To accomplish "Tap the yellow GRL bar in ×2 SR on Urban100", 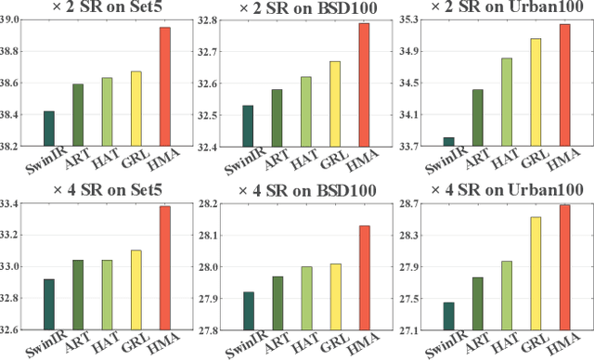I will pos(535,93).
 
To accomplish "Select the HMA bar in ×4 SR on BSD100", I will pos(365,277).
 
